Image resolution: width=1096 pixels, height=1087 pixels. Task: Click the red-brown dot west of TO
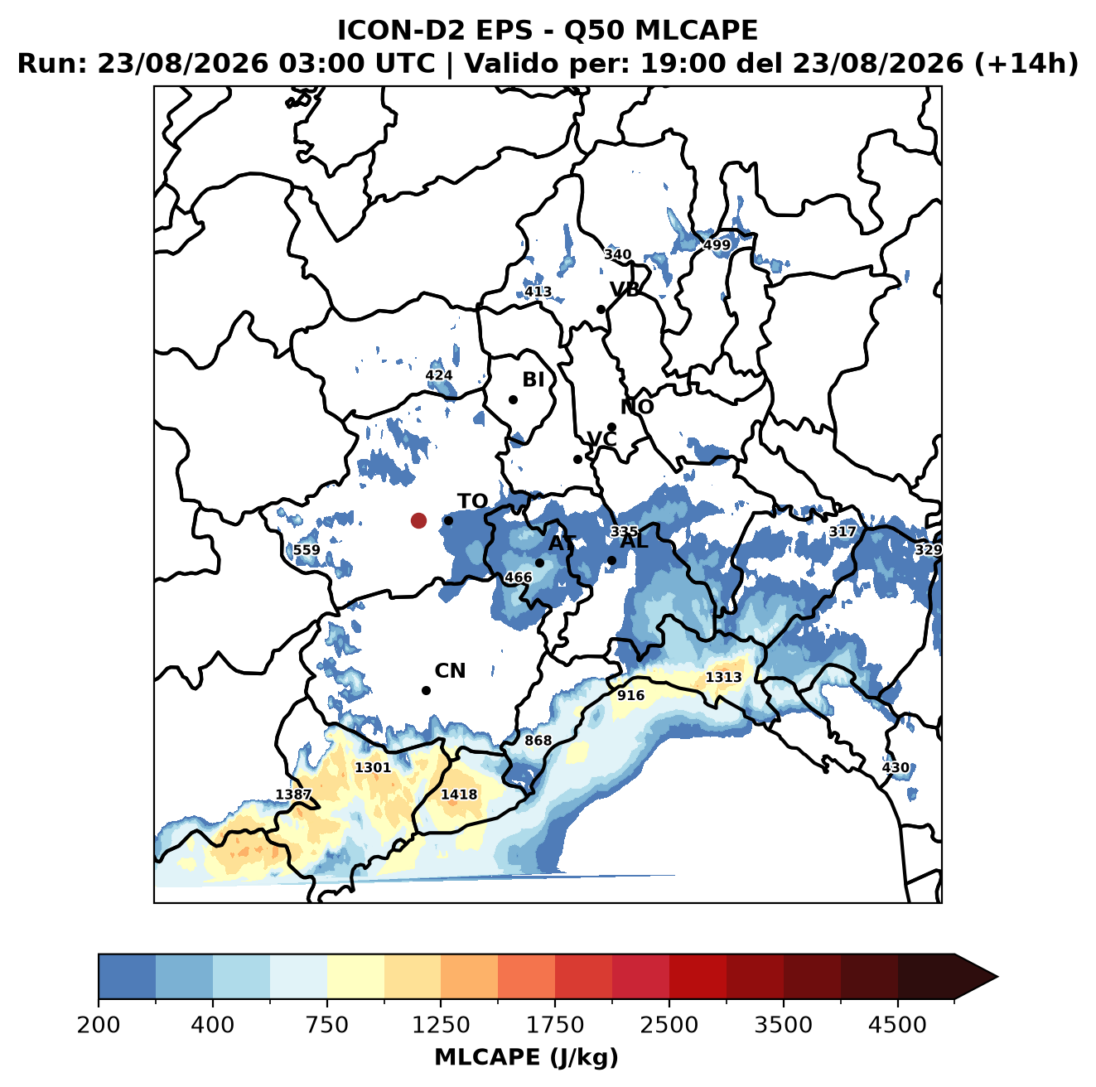pyautogui.click(x=418, y=520)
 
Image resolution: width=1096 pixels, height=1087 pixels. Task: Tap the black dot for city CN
pyautogui.click(x=426, y=690)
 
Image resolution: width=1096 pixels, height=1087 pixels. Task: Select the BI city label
pyautogui.click(x=534, y=379)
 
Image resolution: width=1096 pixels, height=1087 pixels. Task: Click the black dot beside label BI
pyautogui.click(x=513, y=400)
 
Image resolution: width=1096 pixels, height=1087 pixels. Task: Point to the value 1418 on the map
pyautogui.click(x=459, y=794)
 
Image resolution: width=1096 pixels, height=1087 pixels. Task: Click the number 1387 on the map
pyautogui.click(x=293, y=795)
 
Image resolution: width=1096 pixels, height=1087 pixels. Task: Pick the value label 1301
pyautogui.click(x=373, y=767)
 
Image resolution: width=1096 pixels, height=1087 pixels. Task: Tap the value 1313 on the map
pyautogui.click(x=723, y=677)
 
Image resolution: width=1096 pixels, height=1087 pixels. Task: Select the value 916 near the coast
pyautogui.click(x=630, y=695)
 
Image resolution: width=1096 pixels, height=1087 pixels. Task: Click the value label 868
pyautogui.click(x=538, y=740)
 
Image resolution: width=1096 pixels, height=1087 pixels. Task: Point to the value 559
pyautogui.click(x=307, y=550)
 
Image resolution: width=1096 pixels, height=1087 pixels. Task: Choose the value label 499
pyautogui.click(x=717, y=245)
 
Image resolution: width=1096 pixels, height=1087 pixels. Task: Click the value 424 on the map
pyautogui.click(x=439, y=375)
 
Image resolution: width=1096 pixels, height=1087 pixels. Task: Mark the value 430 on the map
pyautogui.click(x=896, y=767)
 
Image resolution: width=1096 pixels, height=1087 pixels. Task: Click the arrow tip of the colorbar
pyautogui.click(x=997, y=977)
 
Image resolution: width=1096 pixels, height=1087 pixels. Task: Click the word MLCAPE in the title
pyautogui.click(x=696, y=31)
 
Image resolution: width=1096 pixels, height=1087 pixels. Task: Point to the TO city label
pyautogui.click(x=473, y=501)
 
